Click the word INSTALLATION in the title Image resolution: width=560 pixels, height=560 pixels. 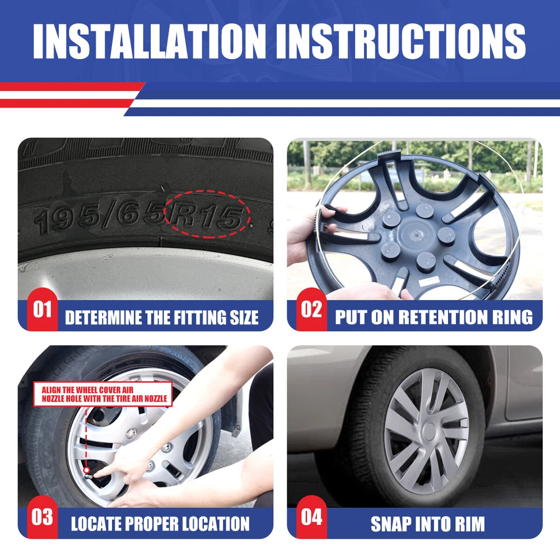[150, 41]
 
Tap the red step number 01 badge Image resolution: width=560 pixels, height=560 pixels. [42, 309]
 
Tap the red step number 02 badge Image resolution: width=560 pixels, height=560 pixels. [311, 309]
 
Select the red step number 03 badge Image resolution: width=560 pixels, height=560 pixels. [42, 517]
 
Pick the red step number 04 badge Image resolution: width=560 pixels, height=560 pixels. [311, 517]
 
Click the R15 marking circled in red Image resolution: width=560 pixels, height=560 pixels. [208, 216]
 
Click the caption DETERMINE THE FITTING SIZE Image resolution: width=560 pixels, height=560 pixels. [161, 317]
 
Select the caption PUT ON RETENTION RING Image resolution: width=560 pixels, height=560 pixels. [433, 317]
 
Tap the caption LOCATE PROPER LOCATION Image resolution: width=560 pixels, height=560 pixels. [160, 524]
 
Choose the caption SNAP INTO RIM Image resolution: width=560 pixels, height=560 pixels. [427, 524]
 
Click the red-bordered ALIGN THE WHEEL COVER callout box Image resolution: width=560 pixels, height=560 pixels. [103, 394]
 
